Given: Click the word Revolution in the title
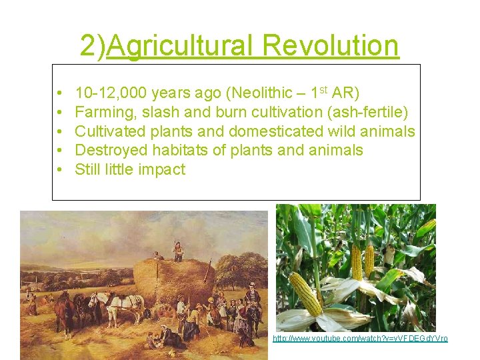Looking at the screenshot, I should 331,46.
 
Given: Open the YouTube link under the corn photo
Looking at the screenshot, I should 360,339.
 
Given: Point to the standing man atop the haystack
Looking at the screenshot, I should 178,251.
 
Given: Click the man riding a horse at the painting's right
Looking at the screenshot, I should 253,297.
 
